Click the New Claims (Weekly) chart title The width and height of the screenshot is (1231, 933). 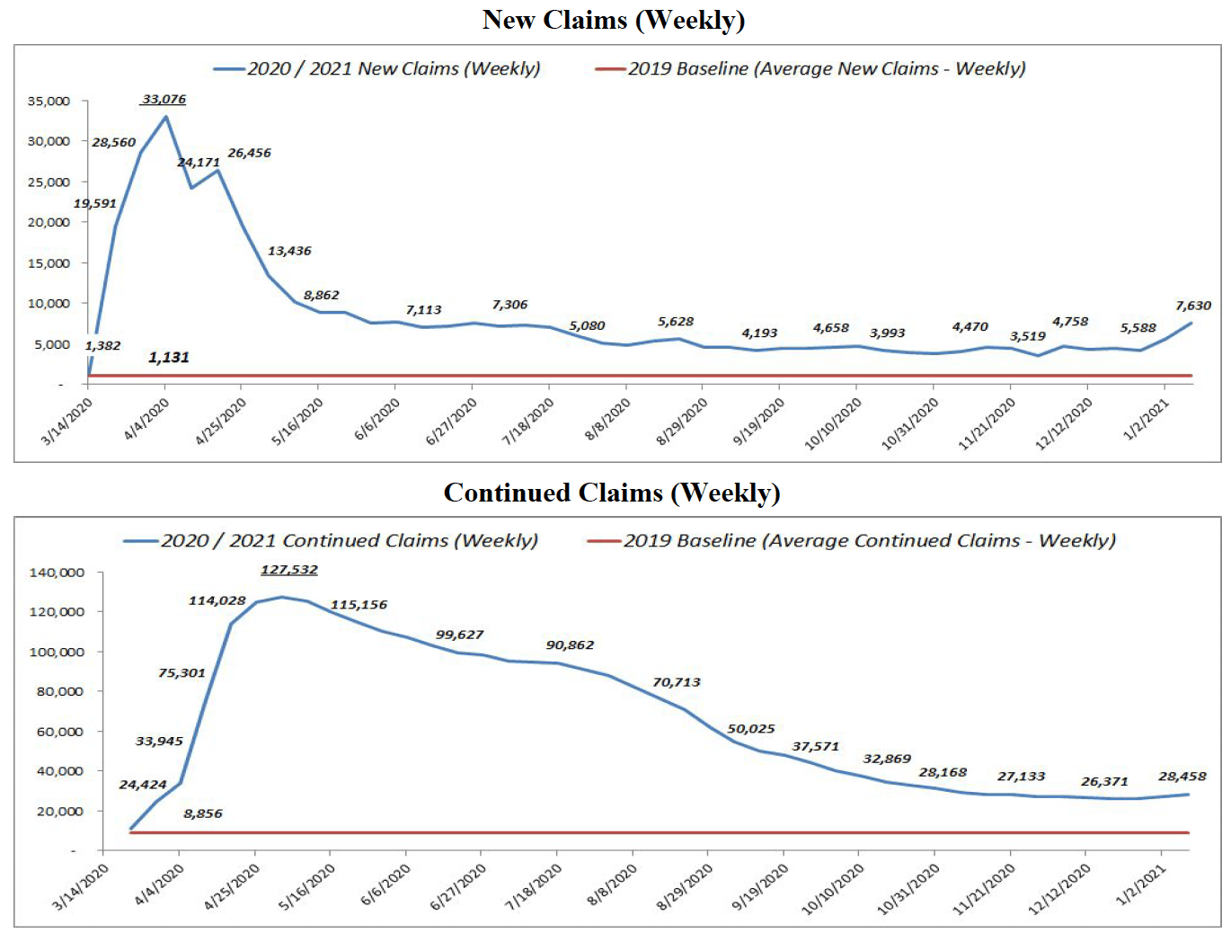click(614, 20)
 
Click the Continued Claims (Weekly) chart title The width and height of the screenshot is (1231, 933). click(612, 493)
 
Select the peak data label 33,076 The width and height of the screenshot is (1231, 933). click(164, 99)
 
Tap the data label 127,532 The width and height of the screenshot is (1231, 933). click(288, 570)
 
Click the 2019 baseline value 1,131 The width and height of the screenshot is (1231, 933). click(169, 358)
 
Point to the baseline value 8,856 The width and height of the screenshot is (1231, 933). click(203, 813)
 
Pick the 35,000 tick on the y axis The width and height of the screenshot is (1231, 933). click(49, 101)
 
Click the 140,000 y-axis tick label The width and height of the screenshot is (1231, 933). click(57, 573)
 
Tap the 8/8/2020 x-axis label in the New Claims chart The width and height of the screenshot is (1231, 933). click(608, 420)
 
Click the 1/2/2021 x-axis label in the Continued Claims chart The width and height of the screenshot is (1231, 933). click(1142, 886)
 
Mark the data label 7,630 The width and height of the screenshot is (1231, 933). click(1193, 306)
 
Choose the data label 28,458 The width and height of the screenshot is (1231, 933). click(1182, 777)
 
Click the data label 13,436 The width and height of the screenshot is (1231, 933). click(289, 251)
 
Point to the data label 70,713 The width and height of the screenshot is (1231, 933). click(676, 682)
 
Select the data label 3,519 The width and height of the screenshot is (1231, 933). click(1027, 336)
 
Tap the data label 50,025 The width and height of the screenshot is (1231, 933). click(750, 729)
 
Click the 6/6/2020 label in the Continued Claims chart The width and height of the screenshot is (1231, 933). click(386, 885)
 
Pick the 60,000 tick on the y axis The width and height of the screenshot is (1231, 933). click(60, 732)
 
